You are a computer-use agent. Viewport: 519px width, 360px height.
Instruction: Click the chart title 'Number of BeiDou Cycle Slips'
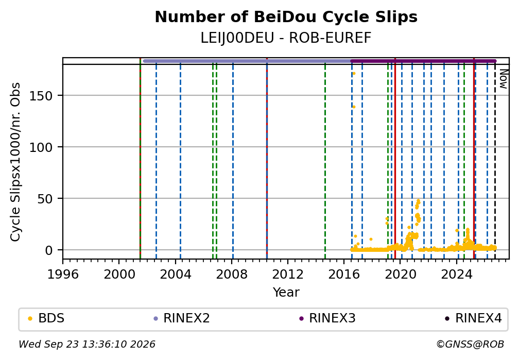286,17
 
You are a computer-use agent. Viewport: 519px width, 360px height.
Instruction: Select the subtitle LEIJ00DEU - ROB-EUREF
286,38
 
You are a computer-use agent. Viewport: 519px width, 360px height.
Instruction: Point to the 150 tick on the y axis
41,96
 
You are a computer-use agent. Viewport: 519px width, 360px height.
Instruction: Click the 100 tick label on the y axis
41,147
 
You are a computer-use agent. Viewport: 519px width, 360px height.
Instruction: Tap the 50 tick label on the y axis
45,199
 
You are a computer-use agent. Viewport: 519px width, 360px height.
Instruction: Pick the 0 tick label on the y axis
49,250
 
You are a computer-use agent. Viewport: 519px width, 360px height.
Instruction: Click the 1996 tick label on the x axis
63,274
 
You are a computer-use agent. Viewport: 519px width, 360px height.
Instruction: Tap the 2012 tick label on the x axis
288,274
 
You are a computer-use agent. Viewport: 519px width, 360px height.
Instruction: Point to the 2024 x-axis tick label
456,274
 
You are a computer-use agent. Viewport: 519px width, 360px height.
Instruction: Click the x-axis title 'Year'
286,292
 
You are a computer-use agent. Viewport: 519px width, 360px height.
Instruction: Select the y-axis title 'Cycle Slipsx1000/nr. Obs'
15,162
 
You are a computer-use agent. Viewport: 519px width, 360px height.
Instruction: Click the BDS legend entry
46,318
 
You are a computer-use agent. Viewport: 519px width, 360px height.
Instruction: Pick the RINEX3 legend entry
327,318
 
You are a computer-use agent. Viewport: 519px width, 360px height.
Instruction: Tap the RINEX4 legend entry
473,318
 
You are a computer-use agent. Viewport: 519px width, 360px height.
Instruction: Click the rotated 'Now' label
504,79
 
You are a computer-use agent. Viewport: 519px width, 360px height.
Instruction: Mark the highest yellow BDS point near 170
354,74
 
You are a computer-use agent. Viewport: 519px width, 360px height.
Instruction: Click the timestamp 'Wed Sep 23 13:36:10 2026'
86,345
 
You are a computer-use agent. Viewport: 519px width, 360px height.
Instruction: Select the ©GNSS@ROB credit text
470,345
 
